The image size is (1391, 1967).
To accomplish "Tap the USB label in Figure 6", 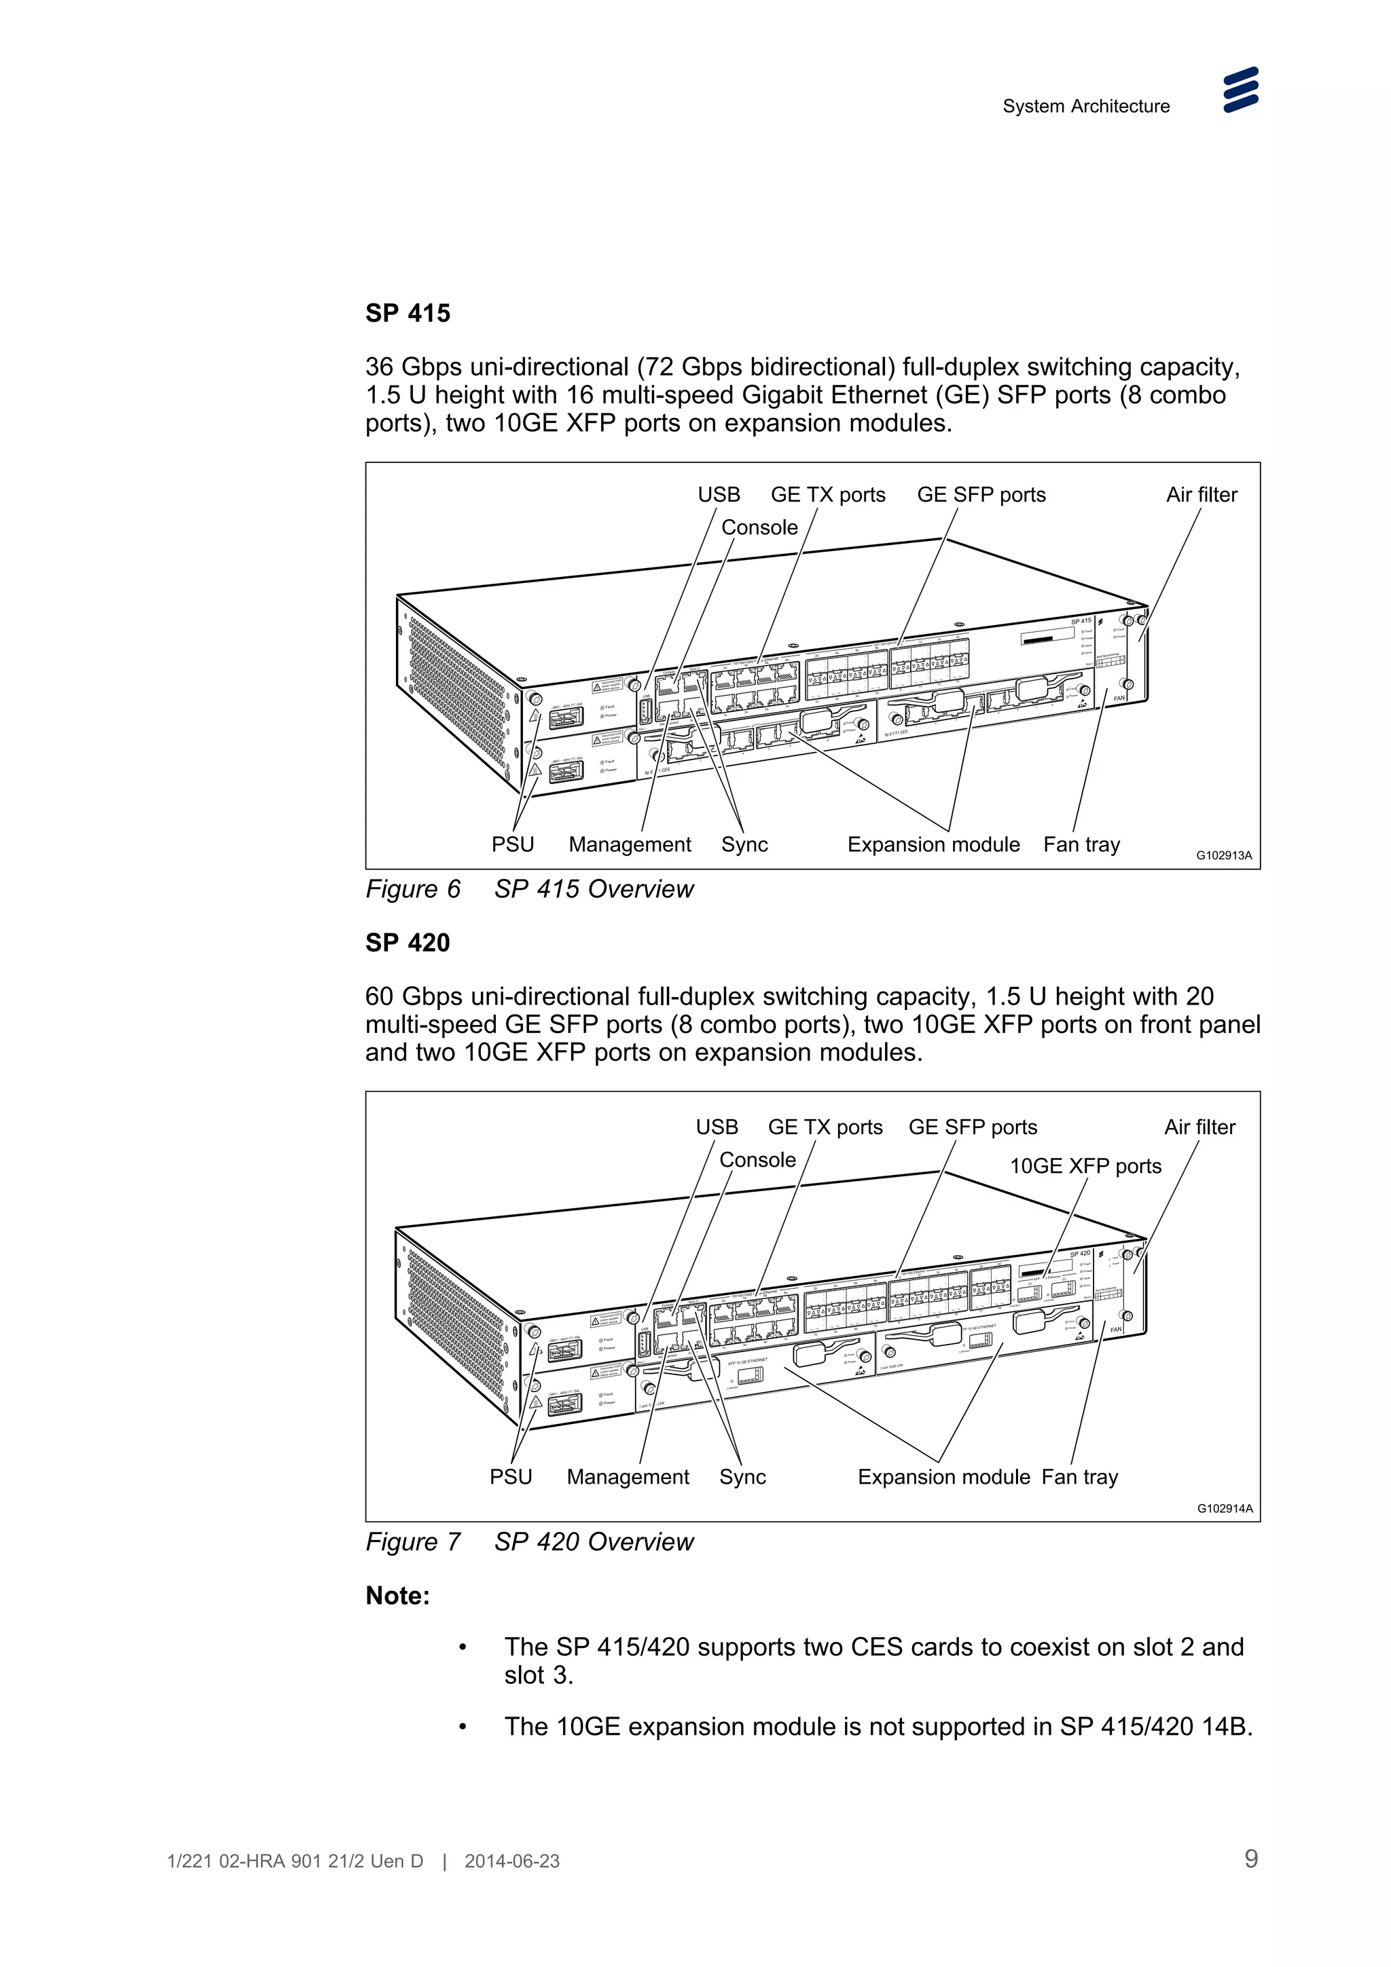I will pyautogui.click(x=718, y=495).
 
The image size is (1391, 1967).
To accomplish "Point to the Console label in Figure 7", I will pyautogui.click(x=757, y=1160).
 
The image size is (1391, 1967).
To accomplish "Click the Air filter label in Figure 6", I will pyautogui.click(x=1201, y=495).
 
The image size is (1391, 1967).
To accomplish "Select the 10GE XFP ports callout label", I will pyautogui.click(x=1085, y=1166).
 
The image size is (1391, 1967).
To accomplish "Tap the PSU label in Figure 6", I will pyautogui.click(x=513, y=845).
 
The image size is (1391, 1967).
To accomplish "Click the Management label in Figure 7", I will pyautogui.click(x=628, y=1477).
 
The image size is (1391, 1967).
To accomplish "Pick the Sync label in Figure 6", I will pyautogui.click(x=744, y=845).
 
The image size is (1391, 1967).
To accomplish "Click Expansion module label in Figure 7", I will pyautogui.click(x=943, y=1477).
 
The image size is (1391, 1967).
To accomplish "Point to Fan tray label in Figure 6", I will pyautogui.click(x=1081, y=845).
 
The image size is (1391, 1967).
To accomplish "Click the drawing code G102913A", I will pyautogui.click(x=1223, y=855).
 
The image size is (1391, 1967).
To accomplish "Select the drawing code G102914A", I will pyautogui.click(x=1224, y=1509).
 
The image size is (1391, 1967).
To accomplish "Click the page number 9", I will pyautogui.click(x=1250, y=1858).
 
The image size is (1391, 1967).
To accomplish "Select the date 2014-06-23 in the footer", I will pyautogui.click(x=511, y=1862).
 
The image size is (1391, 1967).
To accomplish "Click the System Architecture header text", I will pyautogui.click(x=1085, y=107).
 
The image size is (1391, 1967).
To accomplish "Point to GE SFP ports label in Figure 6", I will pyautogui.click(x=981, y=495).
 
